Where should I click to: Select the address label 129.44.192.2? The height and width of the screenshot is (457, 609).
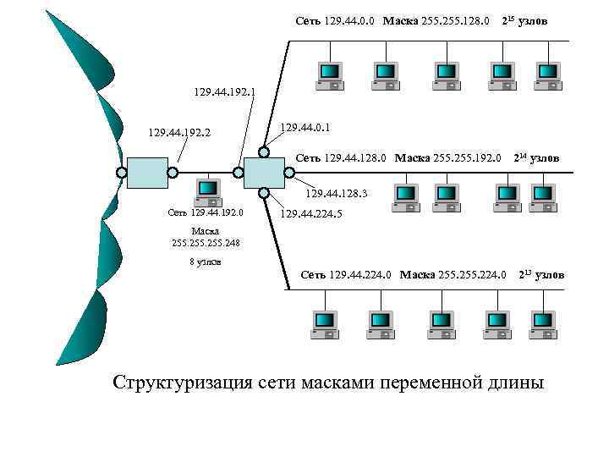(x=179, y=133)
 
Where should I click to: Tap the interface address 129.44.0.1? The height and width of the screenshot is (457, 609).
(x=304, y=127)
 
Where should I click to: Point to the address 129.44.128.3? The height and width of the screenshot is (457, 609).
(x=332, y=194)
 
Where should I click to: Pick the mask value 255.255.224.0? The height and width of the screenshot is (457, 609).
(x=472, y=274)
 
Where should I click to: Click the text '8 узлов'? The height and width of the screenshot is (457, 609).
(x=205, y=262)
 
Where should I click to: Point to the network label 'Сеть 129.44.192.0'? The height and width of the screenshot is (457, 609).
(x=205, y=212)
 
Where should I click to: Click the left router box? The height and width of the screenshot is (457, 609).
(x=147, y=173)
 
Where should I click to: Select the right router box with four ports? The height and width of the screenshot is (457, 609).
(x=264, y=173)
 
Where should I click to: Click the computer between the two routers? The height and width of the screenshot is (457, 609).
(x=206, y=192)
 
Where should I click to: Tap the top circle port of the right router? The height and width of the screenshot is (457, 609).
(x=264, y=152)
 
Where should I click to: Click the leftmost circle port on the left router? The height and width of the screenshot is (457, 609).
(x=122, y=173)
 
